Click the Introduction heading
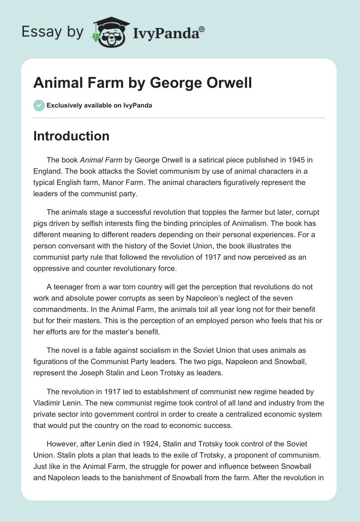[71, 136]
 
